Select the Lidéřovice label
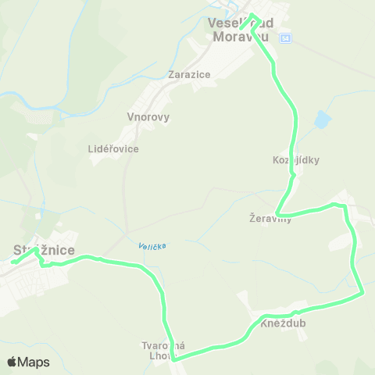pyautogui.click(x=114, y=148)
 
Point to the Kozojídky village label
pyautogui.click(x=297, y=160)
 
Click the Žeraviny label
pyautogui.click(x=270, y=220)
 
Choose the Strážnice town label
pyautogui.click(x=44, y=251)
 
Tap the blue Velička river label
pyautogui.click(x=152, y=246)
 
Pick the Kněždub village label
pyautogui.click(x=284, y=323)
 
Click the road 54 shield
pyautogui.click(x=286, y=37)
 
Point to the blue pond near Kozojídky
pyautogui.click(x=321, y=120)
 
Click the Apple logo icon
pyautogui.click(x=12, y=362)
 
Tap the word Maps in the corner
pyautogui.click(x=34, y=362)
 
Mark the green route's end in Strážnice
pyautogui.click(x=12, y=262)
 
